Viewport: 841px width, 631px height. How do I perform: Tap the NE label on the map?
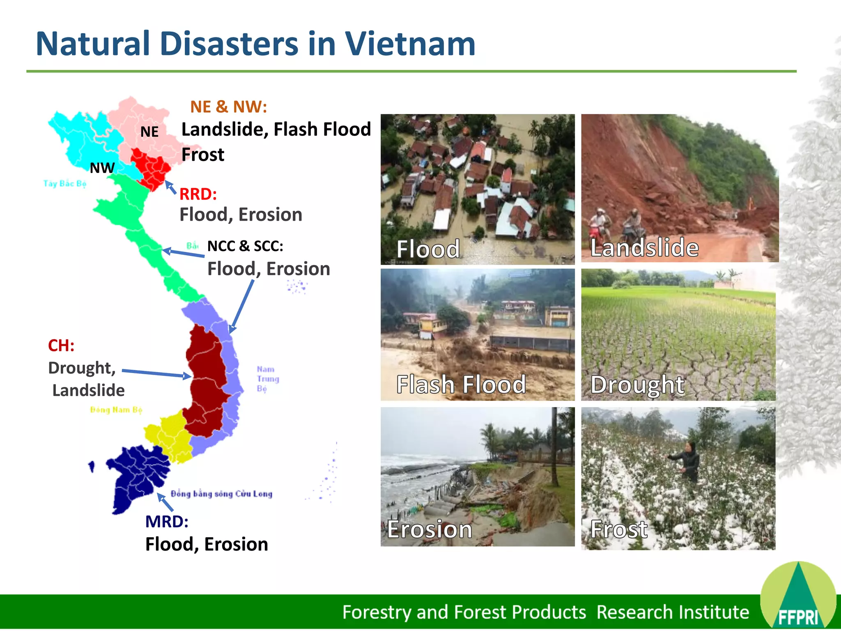[149, 132]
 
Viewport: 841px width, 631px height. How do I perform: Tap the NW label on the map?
[102, 168]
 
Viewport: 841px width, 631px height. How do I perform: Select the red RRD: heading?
[198, 194]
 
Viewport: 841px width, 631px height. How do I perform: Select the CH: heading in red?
[61, 345]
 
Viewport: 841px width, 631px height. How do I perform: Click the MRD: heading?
[167, 522]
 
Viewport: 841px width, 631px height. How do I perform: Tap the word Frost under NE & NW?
[203, 155]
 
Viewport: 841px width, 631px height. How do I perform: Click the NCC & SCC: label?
[245, 246]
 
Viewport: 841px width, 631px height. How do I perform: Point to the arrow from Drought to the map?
[156, 373]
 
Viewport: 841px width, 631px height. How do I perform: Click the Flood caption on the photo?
[428, 249]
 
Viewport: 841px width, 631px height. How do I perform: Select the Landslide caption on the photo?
[644, 248]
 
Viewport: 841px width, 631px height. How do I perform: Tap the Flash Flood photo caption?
[461, 385]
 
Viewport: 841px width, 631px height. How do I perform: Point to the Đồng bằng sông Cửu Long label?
[221, 494]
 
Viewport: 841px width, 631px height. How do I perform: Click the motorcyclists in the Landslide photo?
[616, 226]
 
